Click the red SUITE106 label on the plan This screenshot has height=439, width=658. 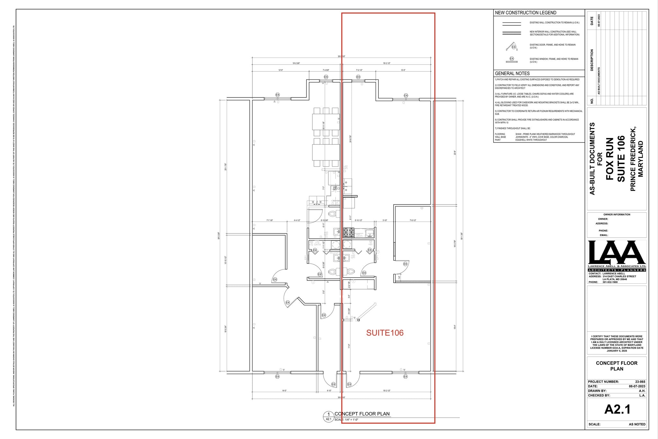(x=385, y=333)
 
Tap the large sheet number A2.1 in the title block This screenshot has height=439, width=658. (x=617, y=409)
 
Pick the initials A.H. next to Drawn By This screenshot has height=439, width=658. (x=642, y=391)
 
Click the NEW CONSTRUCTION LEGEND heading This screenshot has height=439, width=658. (x=525, y=13)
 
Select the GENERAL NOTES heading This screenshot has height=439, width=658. (x=512, y=73)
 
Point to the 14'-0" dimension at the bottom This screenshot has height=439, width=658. (x=284, y=391)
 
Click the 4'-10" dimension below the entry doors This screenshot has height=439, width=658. (x=329, y=391)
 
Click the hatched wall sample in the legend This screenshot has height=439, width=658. (x=511, y=33)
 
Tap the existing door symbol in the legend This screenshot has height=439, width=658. (x=511, y=47)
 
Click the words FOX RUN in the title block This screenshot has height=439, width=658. (x=609, y=159)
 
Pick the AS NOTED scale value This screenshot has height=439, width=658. (x=637, y=424)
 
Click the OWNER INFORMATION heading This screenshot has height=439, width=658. (x=617, y=215)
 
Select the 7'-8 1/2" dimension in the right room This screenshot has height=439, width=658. (x=413, y=221)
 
